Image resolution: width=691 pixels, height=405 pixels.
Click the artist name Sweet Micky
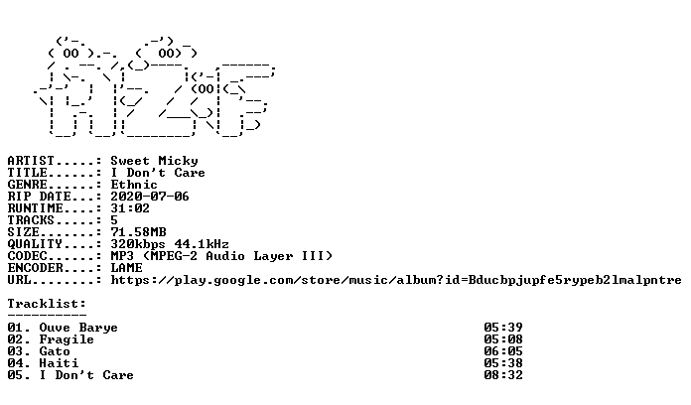tap(154, 161)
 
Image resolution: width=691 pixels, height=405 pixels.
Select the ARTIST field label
tap(31, 161)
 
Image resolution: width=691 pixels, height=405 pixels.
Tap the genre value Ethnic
tap(134, 185)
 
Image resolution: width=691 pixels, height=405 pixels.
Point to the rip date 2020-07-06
tap(150, 197)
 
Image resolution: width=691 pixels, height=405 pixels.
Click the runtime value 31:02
tap(130, 208)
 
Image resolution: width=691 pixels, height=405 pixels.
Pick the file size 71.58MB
tap(138, 232)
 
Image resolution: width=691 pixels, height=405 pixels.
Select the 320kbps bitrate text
tap(138, 244)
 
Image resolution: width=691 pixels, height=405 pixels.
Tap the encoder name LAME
tap(126, 267)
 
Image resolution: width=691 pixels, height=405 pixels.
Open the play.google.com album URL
tap(396, 280)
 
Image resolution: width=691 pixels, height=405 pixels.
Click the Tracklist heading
tap(47, 304)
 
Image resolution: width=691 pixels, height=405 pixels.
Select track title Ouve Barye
tap(78, 328)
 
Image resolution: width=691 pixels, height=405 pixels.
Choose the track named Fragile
tap(67, 339)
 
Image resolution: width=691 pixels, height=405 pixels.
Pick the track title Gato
tap(55, 351)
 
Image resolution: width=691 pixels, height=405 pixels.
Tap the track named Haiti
tap(59, 363)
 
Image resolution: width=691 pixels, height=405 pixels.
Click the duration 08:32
tap(503, 375)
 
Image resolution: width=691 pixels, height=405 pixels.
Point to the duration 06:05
tap(503, 351)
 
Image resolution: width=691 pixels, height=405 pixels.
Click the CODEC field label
tap(28, 255)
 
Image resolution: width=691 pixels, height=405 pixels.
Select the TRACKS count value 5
tap(114, 220)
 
